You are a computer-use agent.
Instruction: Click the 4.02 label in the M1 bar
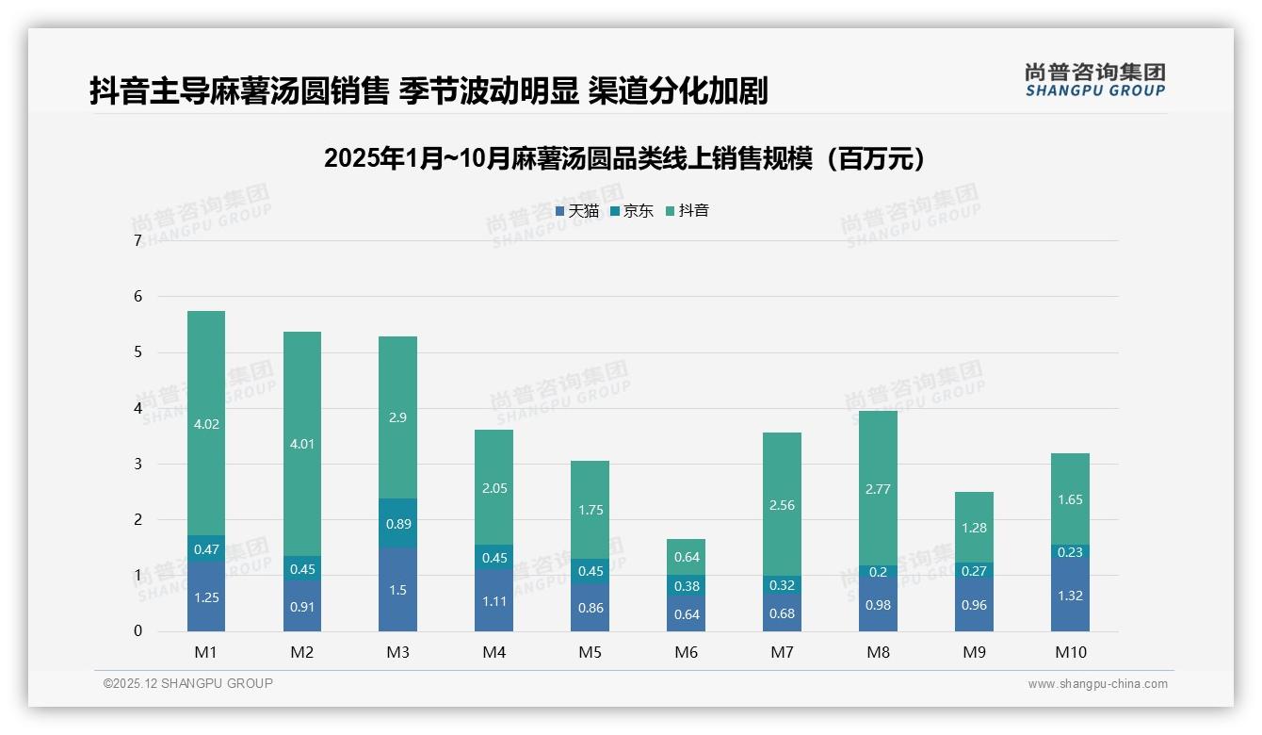pos(206,424)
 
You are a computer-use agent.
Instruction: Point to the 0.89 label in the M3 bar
pos(397,524)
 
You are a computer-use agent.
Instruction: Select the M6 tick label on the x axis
pos(687,652)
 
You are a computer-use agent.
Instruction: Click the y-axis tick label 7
pos(138,241)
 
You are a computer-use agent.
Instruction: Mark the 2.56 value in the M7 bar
pos(782,505)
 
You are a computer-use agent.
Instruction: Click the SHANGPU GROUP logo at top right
pos(1094,80)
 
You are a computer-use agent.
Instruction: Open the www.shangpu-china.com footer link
pos(1097,684)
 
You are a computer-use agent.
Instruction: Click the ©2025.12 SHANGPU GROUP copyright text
pos(188,684)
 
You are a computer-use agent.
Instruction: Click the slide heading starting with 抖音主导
pos(429,90)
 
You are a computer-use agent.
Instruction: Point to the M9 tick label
pos(974,652)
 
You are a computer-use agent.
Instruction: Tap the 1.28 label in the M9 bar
pos(974,528)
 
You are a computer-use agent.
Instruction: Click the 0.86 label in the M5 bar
pos(590,609)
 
